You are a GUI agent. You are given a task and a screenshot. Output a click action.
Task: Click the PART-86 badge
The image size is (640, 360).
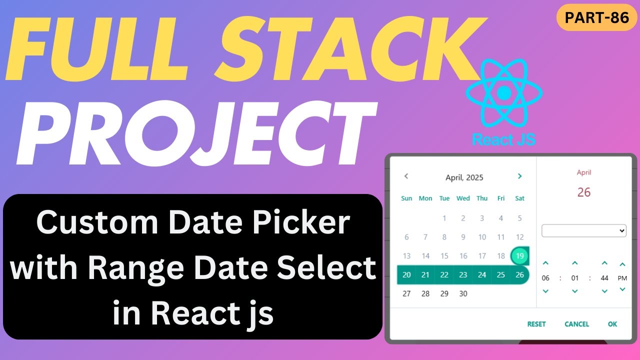(596, 17)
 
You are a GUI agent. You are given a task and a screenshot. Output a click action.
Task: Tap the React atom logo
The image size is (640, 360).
(504, 93)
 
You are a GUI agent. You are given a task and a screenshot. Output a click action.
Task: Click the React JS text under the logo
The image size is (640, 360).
(503, 139)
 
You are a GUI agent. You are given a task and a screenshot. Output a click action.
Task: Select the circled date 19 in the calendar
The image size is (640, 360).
(520, 256)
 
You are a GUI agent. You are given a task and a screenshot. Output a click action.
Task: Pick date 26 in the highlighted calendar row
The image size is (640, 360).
(520, 274)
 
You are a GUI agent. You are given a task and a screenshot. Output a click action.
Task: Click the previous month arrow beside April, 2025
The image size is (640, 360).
(406, 176)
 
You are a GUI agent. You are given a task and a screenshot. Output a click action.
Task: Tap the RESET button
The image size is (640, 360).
(536, 324)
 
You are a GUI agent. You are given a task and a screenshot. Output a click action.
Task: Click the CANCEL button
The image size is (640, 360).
(576, 324)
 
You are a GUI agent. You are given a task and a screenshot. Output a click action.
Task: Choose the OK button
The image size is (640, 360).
(612, 324)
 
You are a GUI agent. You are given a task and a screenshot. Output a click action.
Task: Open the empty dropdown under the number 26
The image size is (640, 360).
(584, 230)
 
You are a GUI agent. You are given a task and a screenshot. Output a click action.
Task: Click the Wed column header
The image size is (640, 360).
(463, 198)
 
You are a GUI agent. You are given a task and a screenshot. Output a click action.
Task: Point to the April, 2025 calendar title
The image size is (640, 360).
(464, 177)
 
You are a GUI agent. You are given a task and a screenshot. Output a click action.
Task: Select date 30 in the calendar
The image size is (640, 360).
(463, 293)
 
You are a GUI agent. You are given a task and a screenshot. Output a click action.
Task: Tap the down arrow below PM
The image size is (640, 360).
(622, 289)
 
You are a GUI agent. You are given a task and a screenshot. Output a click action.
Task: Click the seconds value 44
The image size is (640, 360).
(604, 278)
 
